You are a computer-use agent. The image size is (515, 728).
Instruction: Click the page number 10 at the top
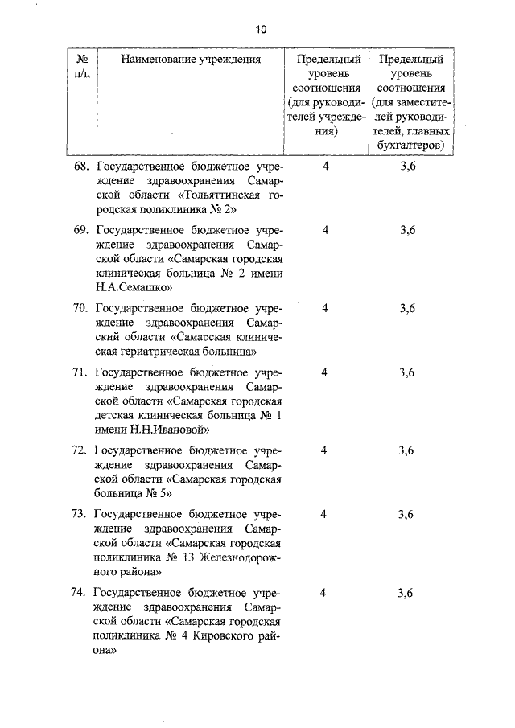[x=260, y=30]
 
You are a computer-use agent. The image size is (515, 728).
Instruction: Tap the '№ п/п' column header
[x=81, y=66]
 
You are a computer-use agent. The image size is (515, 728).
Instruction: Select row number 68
[x=80, y=167]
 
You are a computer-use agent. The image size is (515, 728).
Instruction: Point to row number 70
[x=80, y=308]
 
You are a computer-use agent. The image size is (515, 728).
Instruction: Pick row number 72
[x=80, y=450]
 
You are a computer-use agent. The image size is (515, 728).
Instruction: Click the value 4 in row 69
[x=325, y=230]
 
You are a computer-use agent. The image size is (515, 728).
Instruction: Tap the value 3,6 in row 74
[x=406, y=593]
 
